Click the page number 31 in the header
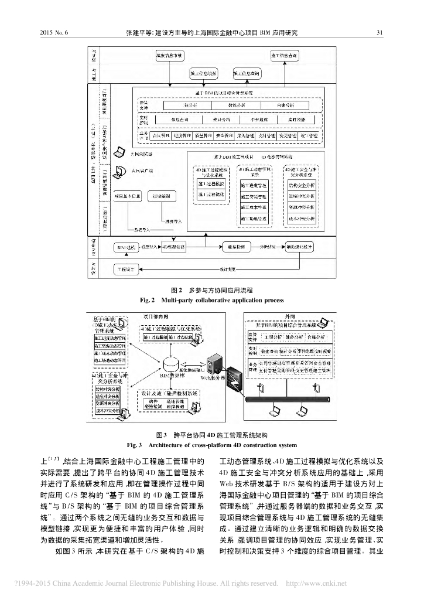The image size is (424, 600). [x=379, y=32]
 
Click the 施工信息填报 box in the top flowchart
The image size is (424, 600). [x=204, y=73]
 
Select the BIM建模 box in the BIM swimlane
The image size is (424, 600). [x=125, y=248]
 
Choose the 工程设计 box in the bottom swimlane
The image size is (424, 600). [x=125, y=269]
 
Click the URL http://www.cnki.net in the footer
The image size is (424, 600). [x=316, y=583]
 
